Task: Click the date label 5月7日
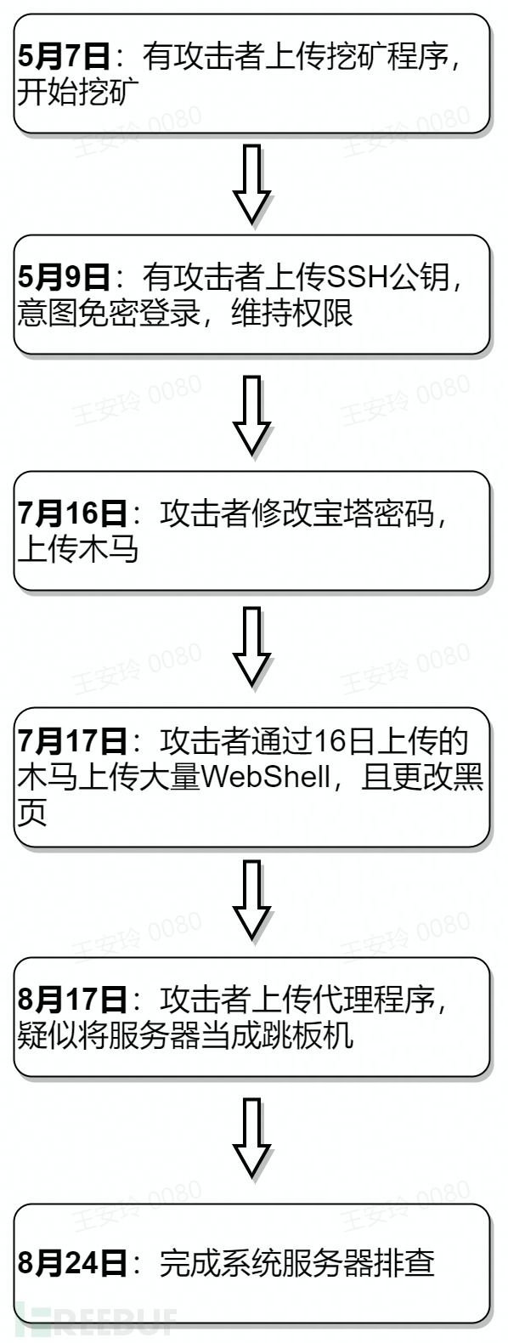coord(64,57)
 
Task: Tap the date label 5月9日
coord(64,278)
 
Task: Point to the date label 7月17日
coord(72,741)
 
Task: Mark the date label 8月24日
coord(72,1263)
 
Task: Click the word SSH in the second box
coord(348,278)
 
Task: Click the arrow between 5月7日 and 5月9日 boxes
coord(252,184)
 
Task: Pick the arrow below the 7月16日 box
coord(252,647)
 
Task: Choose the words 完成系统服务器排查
coord(297,1263)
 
